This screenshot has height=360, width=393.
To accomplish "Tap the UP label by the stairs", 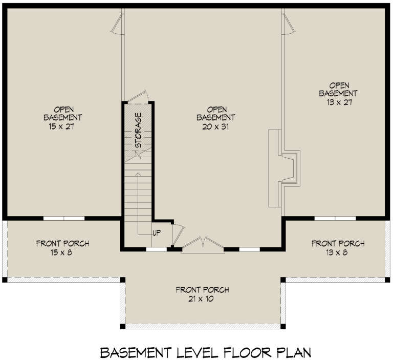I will click(x=157, y=233).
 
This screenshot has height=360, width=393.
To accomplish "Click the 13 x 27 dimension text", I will click(x=338, y=102).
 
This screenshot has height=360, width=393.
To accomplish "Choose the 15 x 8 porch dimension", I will click(x=62, y=253).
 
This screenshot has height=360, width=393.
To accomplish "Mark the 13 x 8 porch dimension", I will click(x=338, y=252).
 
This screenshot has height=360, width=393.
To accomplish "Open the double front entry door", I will click(x=203, y=244).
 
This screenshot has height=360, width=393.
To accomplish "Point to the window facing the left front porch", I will click(x=63, y=218).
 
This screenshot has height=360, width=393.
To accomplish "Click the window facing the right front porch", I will click(x=335, y=218).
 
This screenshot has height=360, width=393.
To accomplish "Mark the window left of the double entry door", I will click(x=156, y=249).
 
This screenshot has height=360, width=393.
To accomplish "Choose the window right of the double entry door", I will click(x=249, y=249).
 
